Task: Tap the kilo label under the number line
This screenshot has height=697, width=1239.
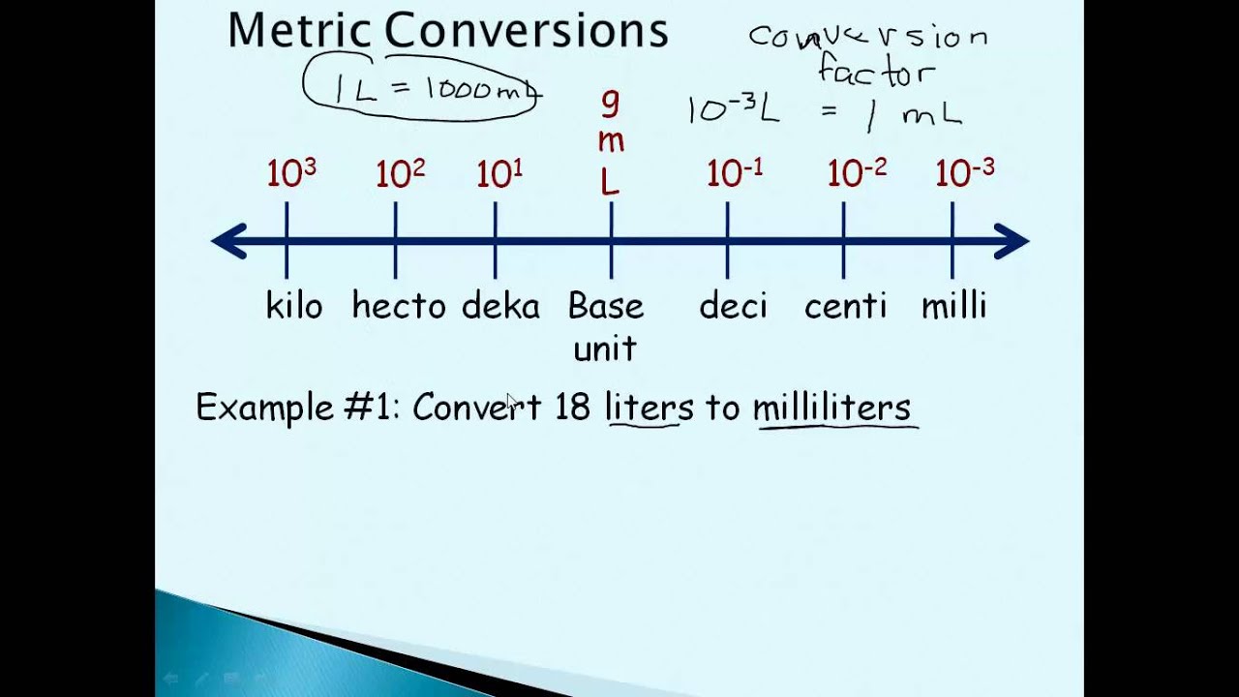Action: (294, 305)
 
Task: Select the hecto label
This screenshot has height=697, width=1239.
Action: (399, 305)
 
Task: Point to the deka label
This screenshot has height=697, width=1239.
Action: (500, 305)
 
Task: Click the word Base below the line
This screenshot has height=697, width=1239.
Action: (606, 305)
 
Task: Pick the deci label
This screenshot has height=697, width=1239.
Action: (733, 305)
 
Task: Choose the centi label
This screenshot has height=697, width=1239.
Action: (845, 305)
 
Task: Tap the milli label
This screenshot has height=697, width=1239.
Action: (954, 305)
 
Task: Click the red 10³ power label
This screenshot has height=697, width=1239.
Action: (291, 172)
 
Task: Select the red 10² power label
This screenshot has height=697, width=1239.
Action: (401, 172)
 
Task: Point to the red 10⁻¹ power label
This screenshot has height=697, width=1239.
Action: (735, 172)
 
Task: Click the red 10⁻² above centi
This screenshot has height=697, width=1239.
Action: (857, 172)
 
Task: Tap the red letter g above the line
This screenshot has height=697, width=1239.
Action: (611, 104)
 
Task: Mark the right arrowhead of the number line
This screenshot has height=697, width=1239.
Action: (1012, 241)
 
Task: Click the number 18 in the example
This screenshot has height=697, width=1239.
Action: (572, 407)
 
